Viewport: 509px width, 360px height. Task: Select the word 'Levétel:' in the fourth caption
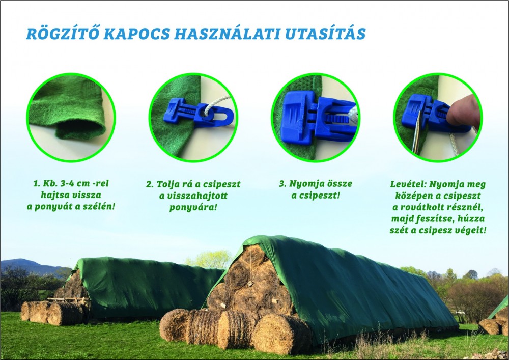pyautogui.click(x=408, y=184)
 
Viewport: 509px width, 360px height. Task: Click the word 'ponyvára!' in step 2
pyautogui.click(x=193, y=207)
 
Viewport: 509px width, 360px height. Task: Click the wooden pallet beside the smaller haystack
pyautogui.click(x=68, y=300)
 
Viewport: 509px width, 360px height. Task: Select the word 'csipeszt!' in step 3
pyautogui.click(x=315, y=196)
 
